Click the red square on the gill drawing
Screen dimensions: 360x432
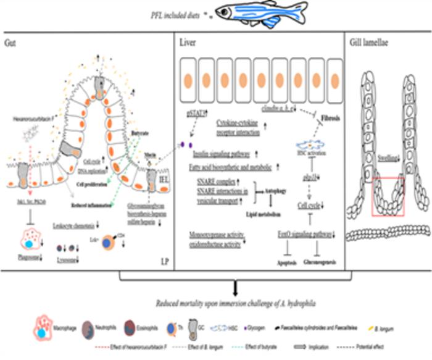point(388,196)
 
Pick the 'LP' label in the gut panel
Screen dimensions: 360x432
point(165,262)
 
